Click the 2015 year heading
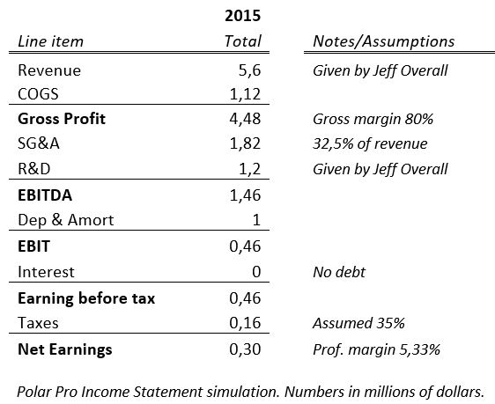coord(242,16)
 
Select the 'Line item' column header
coord(50,41)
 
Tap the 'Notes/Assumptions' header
coord(383,41)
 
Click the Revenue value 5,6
coord(250,70)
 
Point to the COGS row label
coord(38,94)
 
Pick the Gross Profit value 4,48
coord(245,119)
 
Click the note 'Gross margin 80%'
coord(373,119)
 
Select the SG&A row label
coord(39,143)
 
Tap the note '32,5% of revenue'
coord(370,143)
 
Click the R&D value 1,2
coord(250,169)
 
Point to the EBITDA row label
coord(45,195)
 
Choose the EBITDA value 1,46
coord(245,195)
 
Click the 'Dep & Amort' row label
coord(66,220)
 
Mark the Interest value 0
coord(256,272)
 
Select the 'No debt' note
coord(339,272)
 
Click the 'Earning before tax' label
coord(86,298)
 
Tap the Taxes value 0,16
coord(245,323)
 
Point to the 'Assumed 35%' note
coord(358,323)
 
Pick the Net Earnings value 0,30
coord(245,349)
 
